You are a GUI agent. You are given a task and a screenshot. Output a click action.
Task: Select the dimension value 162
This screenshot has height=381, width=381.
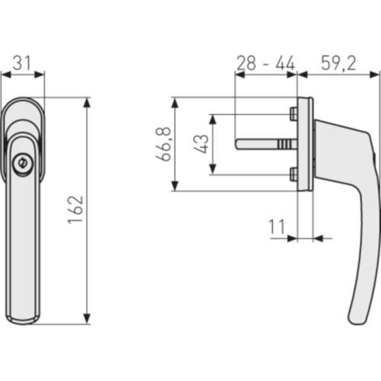(x=76, y=210)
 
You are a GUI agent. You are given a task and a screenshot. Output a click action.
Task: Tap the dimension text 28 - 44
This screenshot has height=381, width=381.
(x=266, y=63)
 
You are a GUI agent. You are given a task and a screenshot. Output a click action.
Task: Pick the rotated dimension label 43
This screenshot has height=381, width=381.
(x=202, y=144)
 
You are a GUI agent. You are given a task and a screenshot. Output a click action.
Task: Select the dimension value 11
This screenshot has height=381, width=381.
(x=277, y=227)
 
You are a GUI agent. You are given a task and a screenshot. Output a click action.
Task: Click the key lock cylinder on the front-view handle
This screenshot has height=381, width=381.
(x=21, y=163)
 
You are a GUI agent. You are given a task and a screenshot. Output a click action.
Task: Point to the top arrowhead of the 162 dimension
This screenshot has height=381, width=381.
(x=87, y=102)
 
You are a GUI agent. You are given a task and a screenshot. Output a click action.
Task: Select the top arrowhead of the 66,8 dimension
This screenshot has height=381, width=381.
(x=174, y=102)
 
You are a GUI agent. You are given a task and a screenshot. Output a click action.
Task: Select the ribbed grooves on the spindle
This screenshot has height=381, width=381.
(x=283, y=144)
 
